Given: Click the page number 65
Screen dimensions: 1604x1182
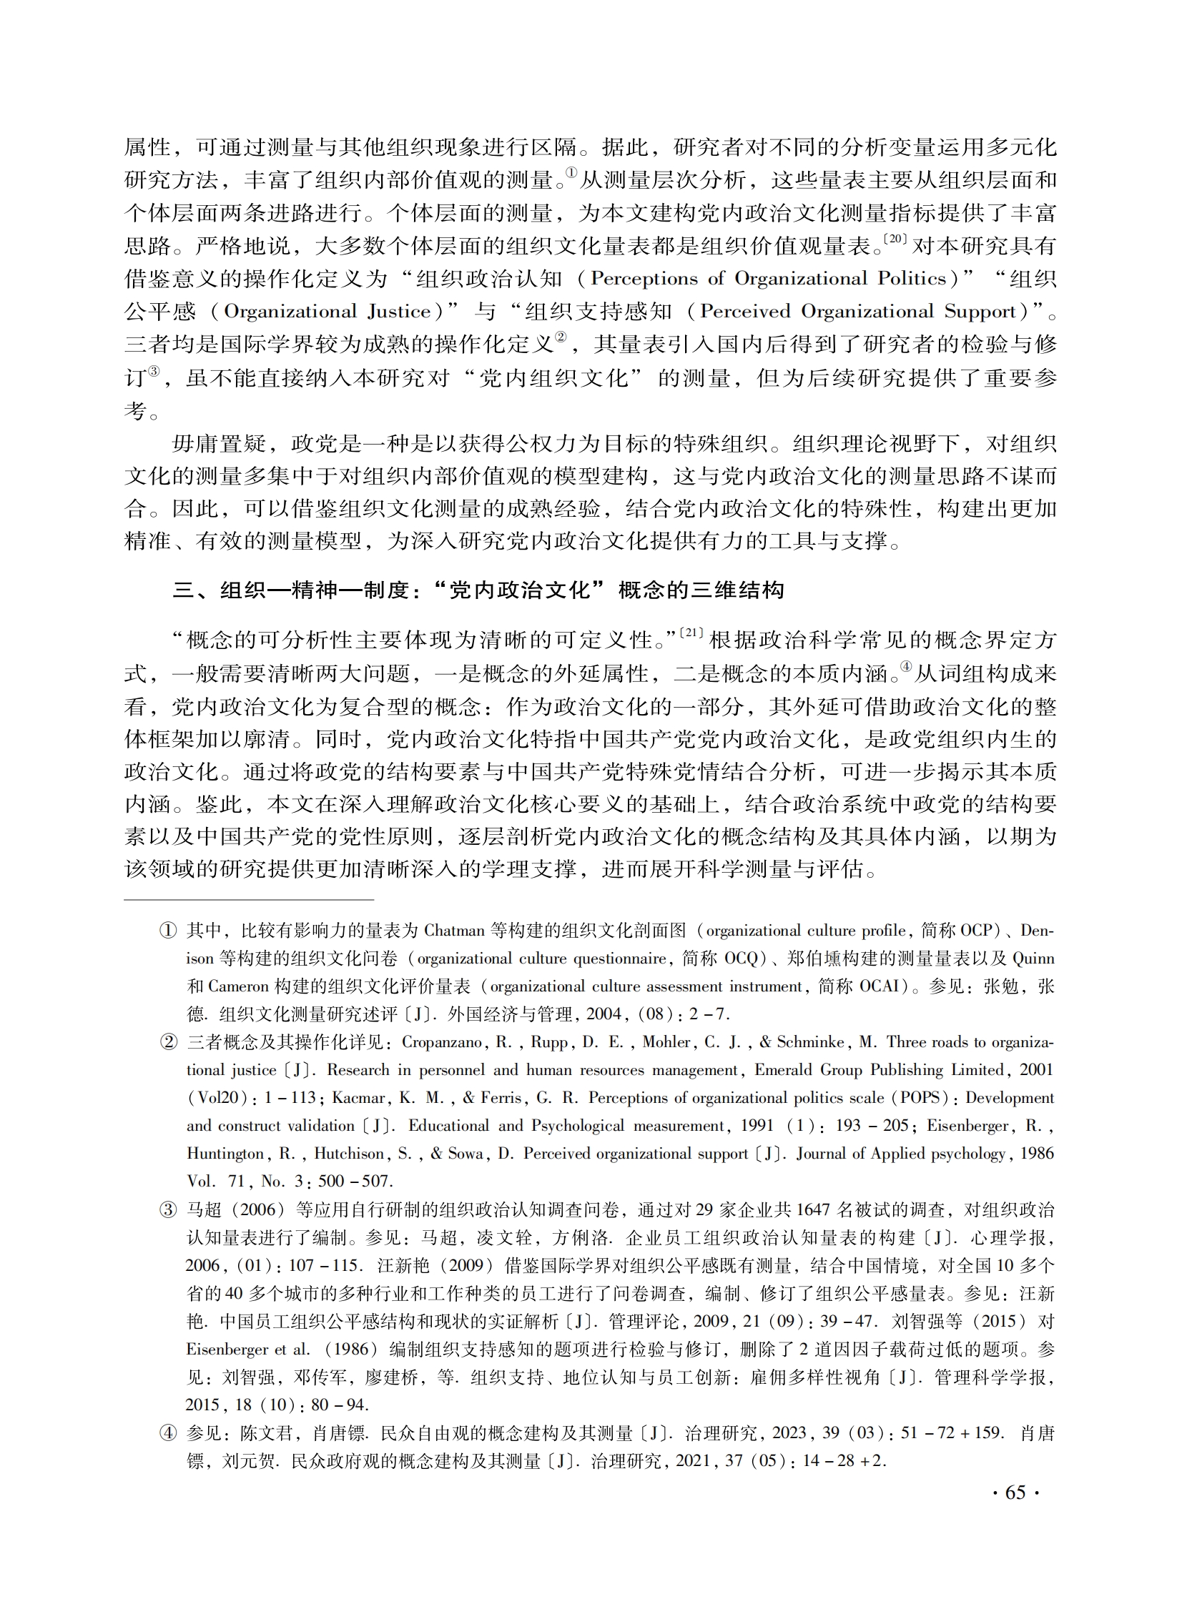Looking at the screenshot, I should [x=1015, y=1492].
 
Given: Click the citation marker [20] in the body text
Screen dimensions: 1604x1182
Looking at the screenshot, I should [x=896, y=239].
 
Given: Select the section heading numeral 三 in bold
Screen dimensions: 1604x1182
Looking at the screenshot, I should [x=184, y=590].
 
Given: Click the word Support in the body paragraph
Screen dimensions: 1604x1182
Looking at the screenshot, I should [x=980, y=312].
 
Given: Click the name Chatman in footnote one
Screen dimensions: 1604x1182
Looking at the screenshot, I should [x=454, y=931].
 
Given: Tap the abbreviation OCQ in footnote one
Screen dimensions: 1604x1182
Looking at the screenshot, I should [x=747, y=959].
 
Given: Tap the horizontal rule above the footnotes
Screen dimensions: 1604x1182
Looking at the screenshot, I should [x=249, y=899].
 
